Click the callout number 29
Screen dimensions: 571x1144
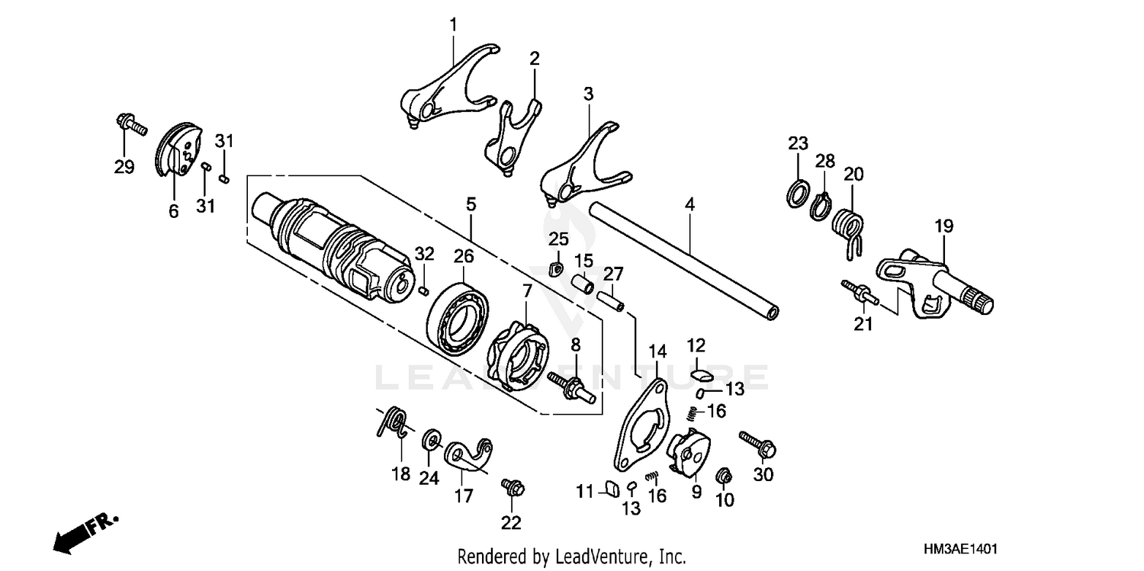124,167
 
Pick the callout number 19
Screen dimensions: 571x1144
944,226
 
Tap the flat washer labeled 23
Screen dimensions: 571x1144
798,193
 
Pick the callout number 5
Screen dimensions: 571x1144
471,204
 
